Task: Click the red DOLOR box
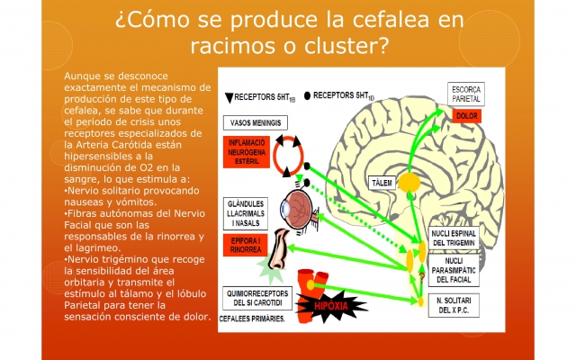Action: [467, 115]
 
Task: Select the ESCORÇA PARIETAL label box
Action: [468, 94]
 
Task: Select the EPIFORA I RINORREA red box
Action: [247, 247]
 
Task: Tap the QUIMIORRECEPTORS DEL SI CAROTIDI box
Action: [258, 296]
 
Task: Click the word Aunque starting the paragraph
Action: [85, 77]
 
